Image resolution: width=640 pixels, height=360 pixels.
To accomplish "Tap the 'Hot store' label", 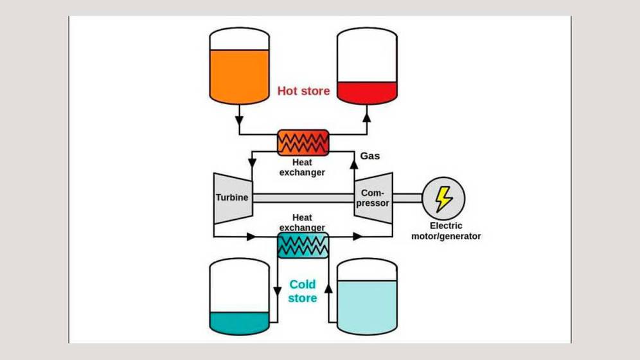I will coord(303,91).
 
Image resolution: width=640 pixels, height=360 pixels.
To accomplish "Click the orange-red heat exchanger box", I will coord(303,142).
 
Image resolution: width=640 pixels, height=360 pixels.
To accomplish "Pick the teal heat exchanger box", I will coord(302,245).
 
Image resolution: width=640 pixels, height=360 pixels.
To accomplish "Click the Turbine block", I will coord(232,197).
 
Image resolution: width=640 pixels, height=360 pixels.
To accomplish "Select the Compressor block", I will coord(373,197).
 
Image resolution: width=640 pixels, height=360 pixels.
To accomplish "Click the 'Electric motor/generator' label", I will coord(445,231).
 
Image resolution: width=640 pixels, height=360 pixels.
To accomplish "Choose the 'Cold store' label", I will coord(303,291).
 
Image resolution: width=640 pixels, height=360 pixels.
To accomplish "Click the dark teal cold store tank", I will coord(239,296).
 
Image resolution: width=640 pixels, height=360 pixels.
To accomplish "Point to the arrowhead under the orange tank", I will coord(239,120).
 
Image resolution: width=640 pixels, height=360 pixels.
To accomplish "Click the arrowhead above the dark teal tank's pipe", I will coord(277,290).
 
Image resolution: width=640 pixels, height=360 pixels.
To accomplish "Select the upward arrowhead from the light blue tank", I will coord(328,290).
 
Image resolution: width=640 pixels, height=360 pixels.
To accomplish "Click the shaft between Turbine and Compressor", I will coord(302,198).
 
